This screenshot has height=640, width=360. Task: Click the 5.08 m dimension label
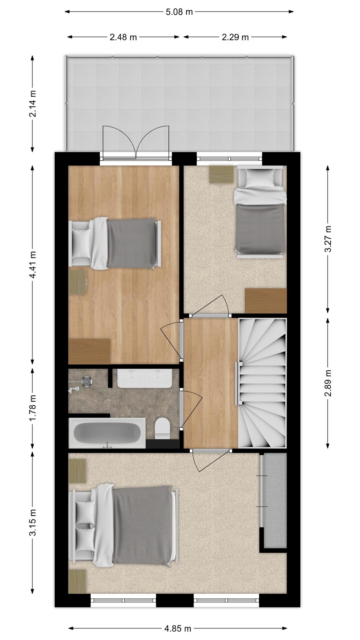click(179, 12)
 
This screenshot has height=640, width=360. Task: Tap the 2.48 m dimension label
click(123, 37)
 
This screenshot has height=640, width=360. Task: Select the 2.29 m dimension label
click(235, 37)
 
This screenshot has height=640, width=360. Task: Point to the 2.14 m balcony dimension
click(32, 103)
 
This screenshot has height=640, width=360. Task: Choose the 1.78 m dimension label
click(32, 407)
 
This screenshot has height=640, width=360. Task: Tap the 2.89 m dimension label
click(328, 383)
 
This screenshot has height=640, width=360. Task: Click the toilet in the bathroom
click(162, 428)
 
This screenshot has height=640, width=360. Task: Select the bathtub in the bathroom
click(107, 433)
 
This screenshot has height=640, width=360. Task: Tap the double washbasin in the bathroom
click(145, 378)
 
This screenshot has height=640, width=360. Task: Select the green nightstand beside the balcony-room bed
click(77, 282)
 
